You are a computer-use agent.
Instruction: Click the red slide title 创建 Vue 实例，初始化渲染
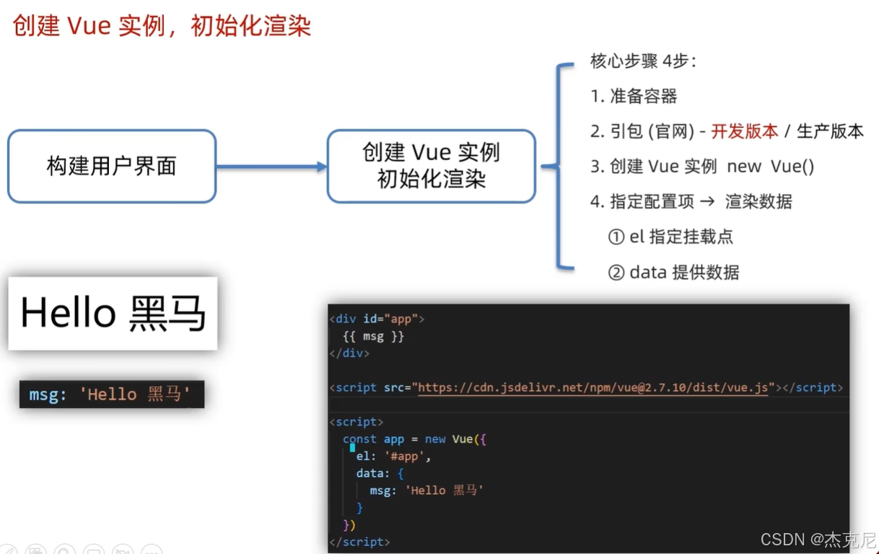[162, 26]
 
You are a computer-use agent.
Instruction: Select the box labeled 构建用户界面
[112, 166]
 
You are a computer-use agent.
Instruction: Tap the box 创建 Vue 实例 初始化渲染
[431, 166]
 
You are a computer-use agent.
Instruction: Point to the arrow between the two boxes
[271, 167]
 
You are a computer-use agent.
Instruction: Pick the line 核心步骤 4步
[643, 61]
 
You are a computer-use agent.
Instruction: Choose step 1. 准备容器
[634, 96]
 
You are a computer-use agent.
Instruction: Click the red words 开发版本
[744, 131]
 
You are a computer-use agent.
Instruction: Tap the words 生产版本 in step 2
[830, 131]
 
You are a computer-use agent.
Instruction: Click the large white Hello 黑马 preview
[113, 314]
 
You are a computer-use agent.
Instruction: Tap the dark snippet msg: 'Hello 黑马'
[111, 395]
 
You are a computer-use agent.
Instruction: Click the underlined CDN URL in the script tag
[592, 387]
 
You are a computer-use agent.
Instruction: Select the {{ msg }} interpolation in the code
[373, 336]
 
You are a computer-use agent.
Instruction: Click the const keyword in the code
[359, 439]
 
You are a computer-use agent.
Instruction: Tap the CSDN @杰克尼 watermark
[818, 540]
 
